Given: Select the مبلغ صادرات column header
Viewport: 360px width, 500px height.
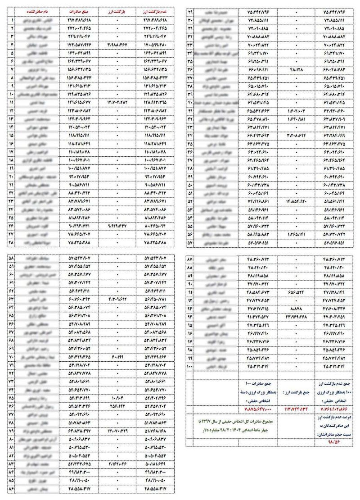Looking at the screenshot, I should point(81,10).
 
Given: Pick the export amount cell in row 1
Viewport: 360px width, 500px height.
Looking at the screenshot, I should point(81,20).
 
